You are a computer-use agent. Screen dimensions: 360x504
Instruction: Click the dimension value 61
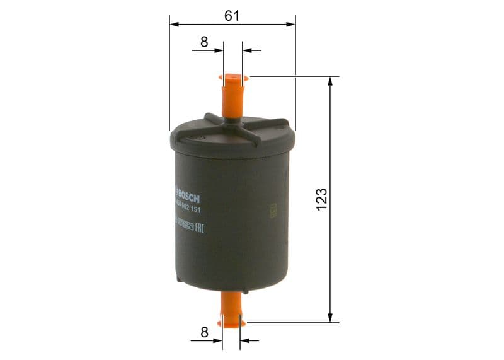pos(232,15)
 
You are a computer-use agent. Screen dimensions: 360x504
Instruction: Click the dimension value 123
pos(321,199)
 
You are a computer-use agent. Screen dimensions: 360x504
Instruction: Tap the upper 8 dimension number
pos(204,42)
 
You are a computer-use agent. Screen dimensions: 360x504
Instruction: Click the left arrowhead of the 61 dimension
pos(174,25)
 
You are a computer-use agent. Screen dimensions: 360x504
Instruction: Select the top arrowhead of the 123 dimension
pos(329,81)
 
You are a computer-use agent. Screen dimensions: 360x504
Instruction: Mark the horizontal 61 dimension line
pos(265,25)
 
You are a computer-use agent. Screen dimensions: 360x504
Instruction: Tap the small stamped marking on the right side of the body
pos(273,211)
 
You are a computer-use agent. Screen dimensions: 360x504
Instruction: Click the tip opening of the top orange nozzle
pos(233,78)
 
